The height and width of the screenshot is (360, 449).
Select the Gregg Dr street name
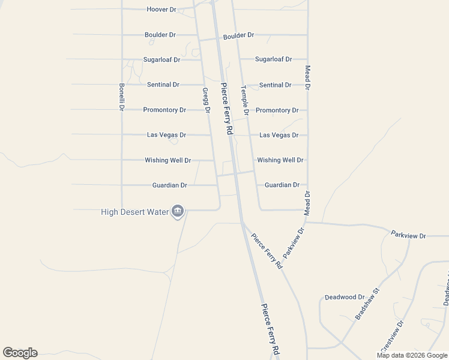[x=206, y=101]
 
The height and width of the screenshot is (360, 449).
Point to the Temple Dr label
[x=245, y=100]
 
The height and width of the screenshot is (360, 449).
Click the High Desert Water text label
[x=135, y=211]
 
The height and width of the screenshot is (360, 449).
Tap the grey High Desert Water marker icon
[x=178, y=211]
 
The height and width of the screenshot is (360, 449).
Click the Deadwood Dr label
[x=345, y=297]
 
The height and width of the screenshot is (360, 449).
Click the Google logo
[x=20, y=353]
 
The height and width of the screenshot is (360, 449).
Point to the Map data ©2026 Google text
[x=412, y=355]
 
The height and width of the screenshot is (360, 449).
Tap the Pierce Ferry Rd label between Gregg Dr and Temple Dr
[x=226, y=108]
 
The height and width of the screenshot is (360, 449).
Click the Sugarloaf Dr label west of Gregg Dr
[x=161, y=60]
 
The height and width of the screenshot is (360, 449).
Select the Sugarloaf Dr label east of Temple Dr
[x=273, y=59]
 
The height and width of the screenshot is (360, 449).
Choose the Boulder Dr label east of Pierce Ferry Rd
[x=238, y=35]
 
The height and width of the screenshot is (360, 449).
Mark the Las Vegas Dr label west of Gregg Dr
[x=166, y=135]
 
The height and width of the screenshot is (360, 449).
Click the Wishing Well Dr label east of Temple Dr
[x=280, y=160]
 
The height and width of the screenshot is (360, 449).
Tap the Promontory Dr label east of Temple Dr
[x=277, y=110]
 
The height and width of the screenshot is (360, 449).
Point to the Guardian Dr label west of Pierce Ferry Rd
[x=170, y=185]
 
